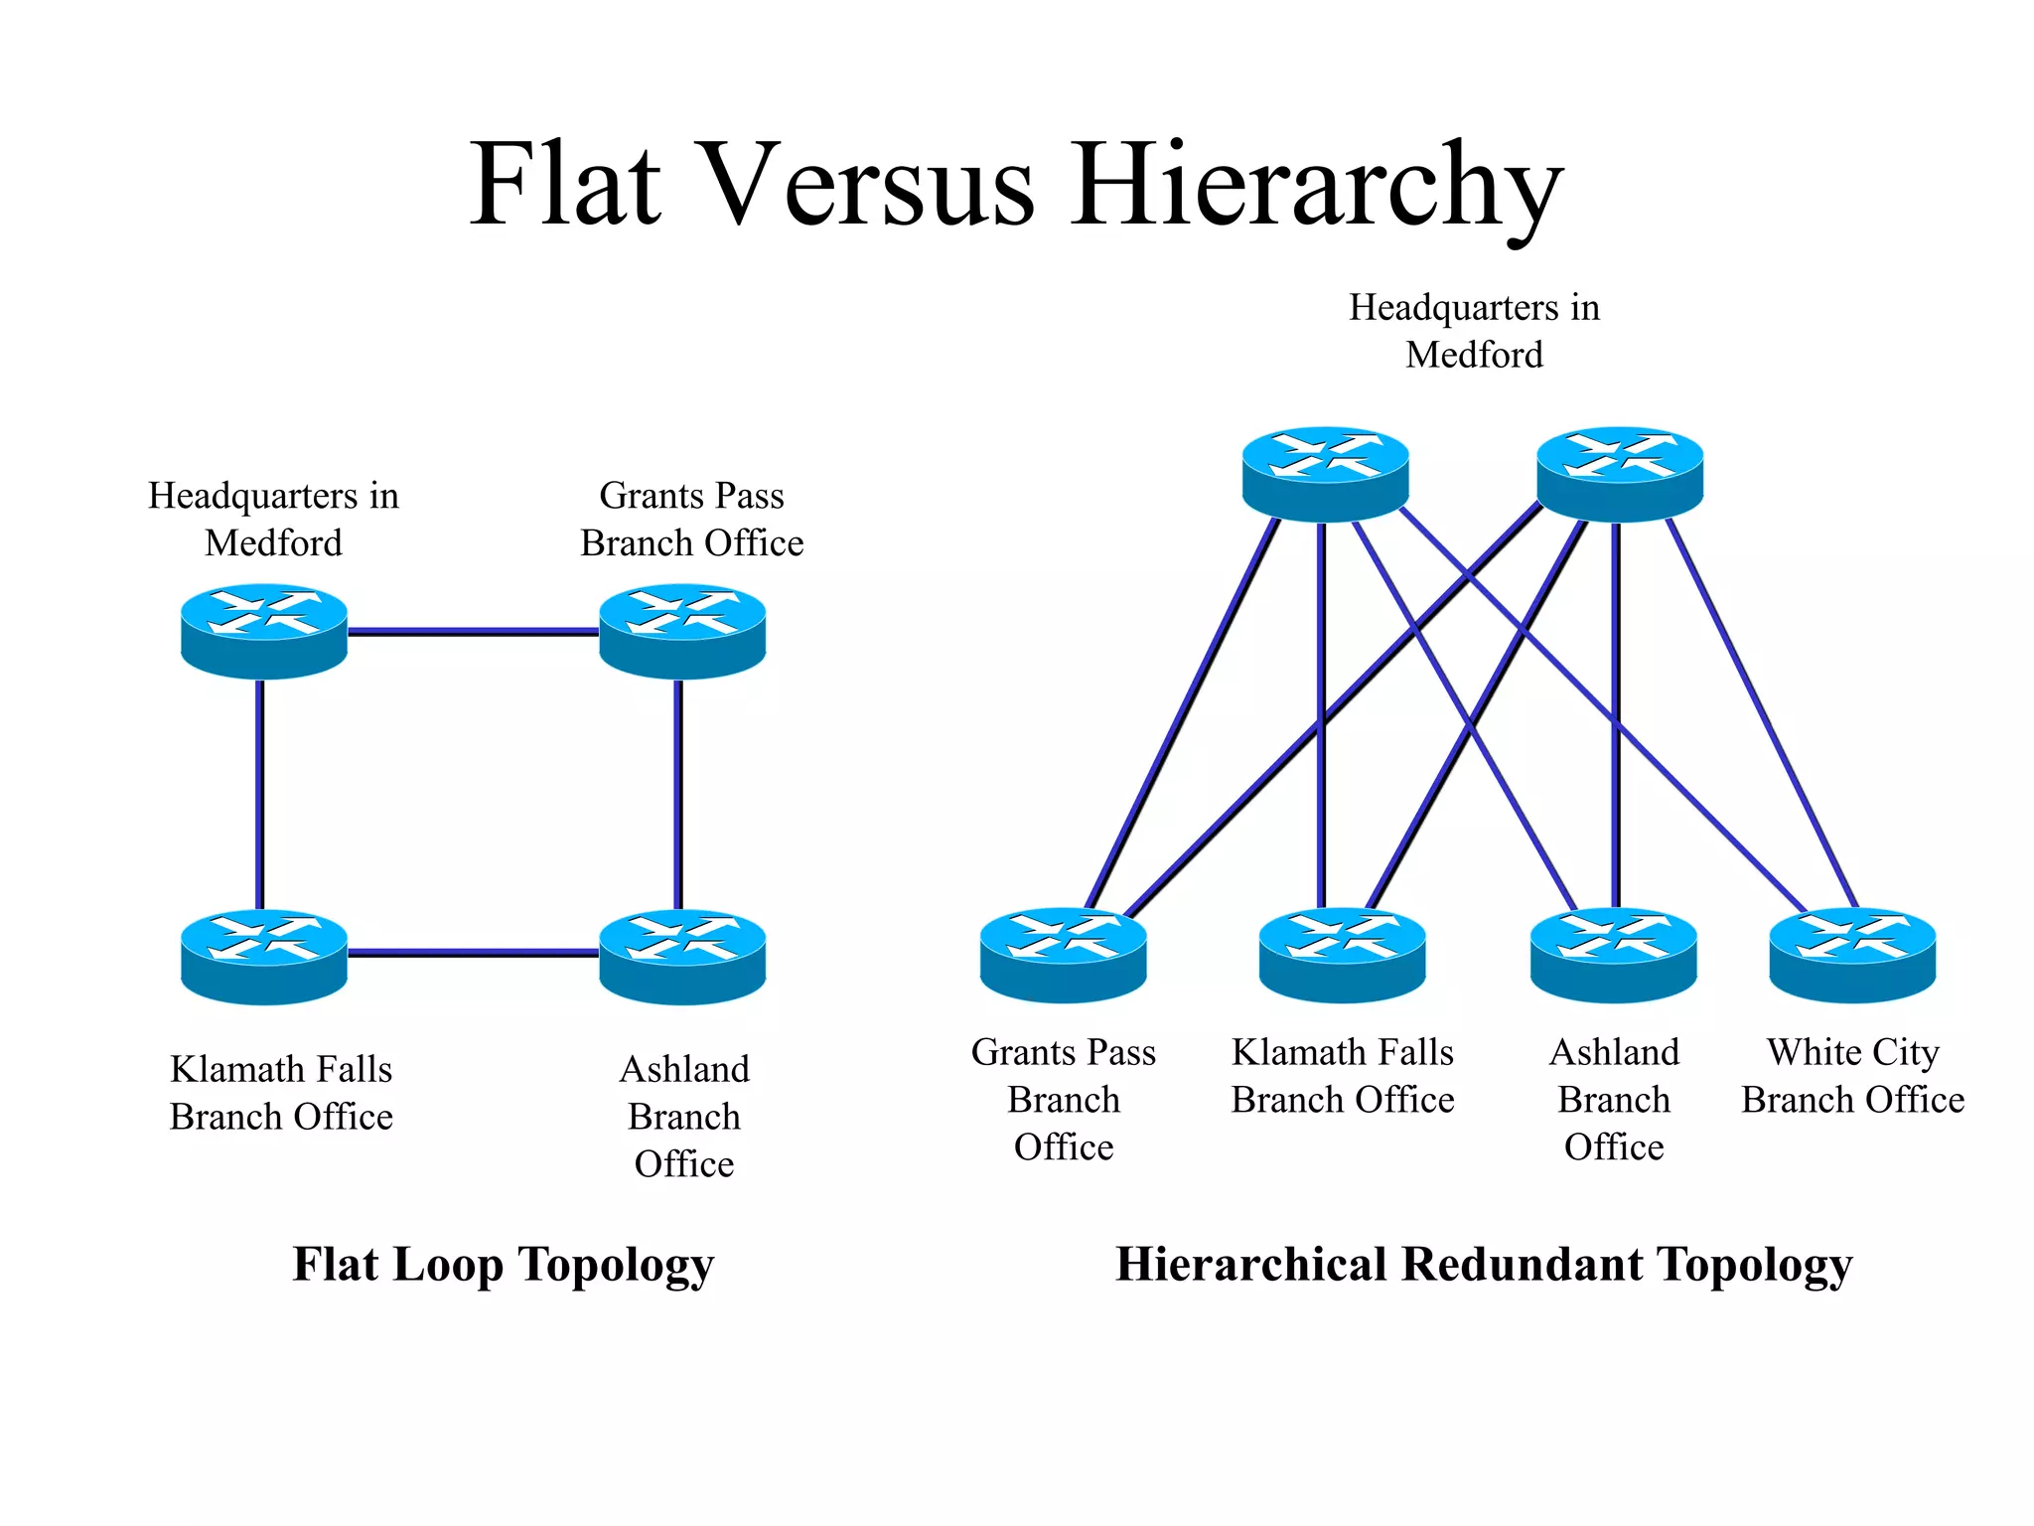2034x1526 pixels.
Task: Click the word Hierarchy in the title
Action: click(x=1315, y=187)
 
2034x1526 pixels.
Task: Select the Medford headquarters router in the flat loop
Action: click(x=263, y=631)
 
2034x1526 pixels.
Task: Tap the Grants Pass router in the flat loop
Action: click(x=682, y=631)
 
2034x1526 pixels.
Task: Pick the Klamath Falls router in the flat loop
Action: click(x=263, y=956)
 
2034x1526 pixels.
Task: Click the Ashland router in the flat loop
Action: click(x=682, y=956)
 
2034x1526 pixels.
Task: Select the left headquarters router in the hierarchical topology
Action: click(x=1325, y=474)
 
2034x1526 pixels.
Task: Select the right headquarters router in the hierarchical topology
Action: click(x=1619, y=474)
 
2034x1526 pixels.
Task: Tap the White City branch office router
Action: click(x=1852, y=954)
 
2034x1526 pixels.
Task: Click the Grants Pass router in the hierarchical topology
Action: click(x=1063, y=954)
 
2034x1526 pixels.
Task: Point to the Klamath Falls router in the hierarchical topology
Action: click(x=1342, y=954)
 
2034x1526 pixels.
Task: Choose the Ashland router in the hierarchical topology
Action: click(x=1613, y=954)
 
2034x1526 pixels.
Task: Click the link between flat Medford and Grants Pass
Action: click(x=473, y=631)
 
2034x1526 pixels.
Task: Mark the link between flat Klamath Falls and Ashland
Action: click(x=473, y=953)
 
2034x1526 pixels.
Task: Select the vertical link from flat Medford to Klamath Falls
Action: click(x=259, y=795)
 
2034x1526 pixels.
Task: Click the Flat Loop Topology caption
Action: click(x=503, y=1266)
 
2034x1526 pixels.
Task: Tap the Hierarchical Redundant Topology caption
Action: click(x=1483, y=1266)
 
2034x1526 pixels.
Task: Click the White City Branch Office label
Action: click(x=1852, y=1076)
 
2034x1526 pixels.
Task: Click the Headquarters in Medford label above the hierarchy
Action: click(x=1474, y=331)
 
